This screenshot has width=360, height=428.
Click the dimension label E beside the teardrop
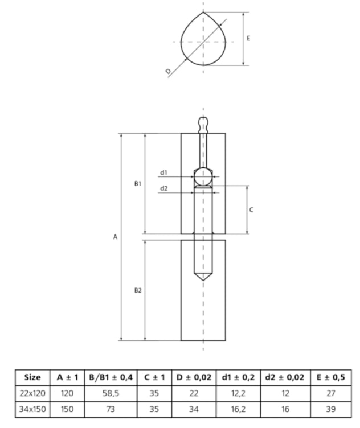(x=248, y=38)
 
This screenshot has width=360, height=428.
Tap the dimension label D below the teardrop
(x=168, y=72)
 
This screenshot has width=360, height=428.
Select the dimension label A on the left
(x=115, y=237)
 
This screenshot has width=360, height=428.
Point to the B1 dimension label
(x=138, y=184)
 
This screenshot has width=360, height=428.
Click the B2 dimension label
(x=138, y=290)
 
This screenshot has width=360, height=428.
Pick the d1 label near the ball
(x=163, y=172)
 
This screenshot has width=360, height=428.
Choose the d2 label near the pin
(x=164, y=188)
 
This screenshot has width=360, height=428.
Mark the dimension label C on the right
(x=251, y=209)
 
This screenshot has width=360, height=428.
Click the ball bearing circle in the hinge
(x=203, y=176)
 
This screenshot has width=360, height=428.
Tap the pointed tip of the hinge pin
(x=203, y=281)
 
